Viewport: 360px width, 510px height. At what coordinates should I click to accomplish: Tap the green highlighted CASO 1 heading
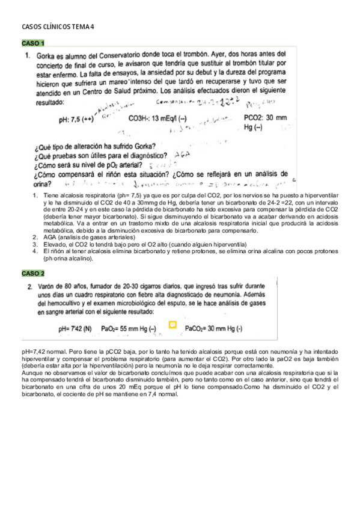tap(33, 43)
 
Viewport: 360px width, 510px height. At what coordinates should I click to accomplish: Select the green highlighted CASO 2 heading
tap(33, 273)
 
